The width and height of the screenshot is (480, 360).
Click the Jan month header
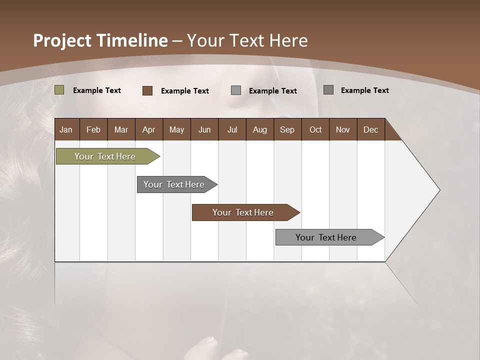[66, 129]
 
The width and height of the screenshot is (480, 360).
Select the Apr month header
[148, 129]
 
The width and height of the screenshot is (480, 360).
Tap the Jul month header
[232, 129]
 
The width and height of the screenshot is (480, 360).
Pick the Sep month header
[287, 129]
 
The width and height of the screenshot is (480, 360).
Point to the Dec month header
[370, 129]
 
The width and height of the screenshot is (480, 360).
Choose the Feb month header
[93, 129]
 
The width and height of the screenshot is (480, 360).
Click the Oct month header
[315, 129]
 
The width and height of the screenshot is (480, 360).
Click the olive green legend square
[59, 90]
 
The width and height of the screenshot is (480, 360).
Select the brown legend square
[147, 90]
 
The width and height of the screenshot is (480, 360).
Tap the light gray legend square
[236, 90]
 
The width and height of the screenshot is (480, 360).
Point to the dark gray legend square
[328, 90]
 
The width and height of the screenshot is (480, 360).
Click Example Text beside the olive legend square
[97, 90]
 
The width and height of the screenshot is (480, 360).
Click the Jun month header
[204, 129]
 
